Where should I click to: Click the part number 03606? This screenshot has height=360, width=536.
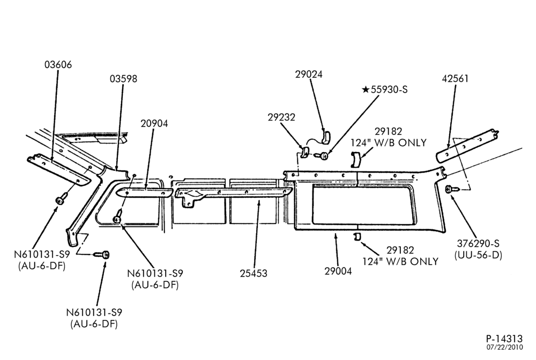pyautogui.click(x=58, y=65)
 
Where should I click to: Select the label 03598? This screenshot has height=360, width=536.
pyautogui.click(x=123, y=79)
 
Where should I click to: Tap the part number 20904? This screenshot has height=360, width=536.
pyautogui.click(x=154, y=123)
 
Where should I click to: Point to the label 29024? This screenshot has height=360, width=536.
pyautogui.click(x=309, y=74)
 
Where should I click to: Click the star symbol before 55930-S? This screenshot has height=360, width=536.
pyautogui.click(x=366, y=89)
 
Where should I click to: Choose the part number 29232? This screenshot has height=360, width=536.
pyautogui.click(x=281, y=117)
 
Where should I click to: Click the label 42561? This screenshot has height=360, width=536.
pyautogui.click(x=455, y=79)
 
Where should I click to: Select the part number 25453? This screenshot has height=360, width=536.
pyautogui.click(x=254, y=273)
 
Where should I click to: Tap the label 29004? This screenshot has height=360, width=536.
pyautogui.click(x=338, y=271)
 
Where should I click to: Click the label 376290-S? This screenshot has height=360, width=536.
pyautogui.click(x=478, y=244)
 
